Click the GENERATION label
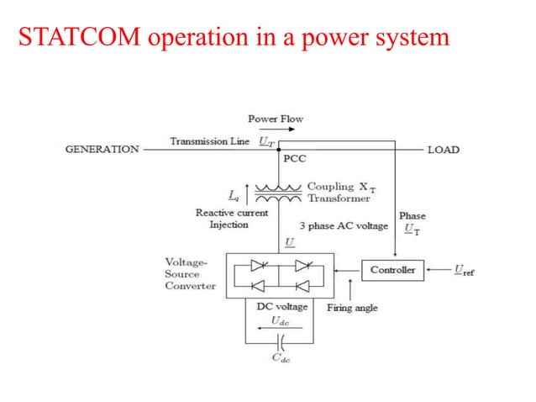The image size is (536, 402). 102,149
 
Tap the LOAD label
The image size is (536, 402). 443,149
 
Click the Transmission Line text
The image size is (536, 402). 209,141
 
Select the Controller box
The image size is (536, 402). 392,270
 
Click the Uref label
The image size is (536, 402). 463,270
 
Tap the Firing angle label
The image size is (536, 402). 351,308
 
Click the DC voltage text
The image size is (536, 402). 281,307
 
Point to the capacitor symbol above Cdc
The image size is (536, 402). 281,342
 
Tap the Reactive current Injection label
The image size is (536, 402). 231,219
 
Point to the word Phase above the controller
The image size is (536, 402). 412,216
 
